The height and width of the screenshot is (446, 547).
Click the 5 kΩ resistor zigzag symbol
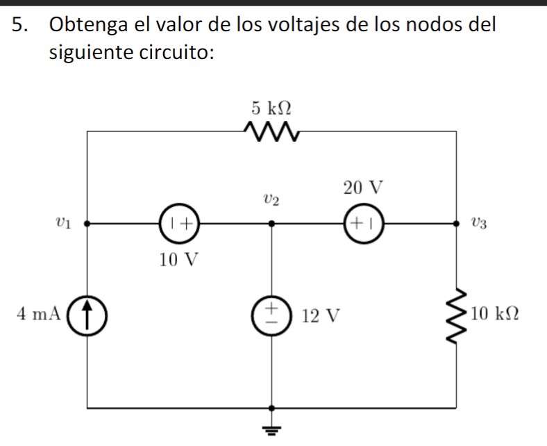[271, 130]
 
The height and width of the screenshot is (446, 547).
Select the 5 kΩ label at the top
[271, 108]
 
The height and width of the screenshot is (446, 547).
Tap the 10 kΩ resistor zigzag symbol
[456, 316]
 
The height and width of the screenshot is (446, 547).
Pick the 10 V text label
[178, 261]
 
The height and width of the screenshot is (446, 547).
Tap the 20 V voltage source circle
[362, 224]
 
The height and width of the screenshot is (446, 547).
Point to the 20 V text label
[362, 188]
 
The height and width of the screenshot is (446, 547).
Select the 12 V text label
[321, 317]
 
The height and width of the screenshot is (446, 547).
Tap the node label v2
[271, 201]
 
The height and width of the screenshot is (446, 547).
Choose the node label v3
[479, 224]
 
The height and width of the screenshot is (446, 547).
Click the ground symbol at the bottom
[271, 425]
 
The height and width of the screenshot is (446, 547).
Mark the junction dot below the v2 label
[271, 224]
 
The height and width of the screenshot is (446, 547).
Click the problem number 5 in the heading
[22, 26]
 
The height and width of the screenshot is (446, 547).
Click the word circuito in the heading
[173, 53]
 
